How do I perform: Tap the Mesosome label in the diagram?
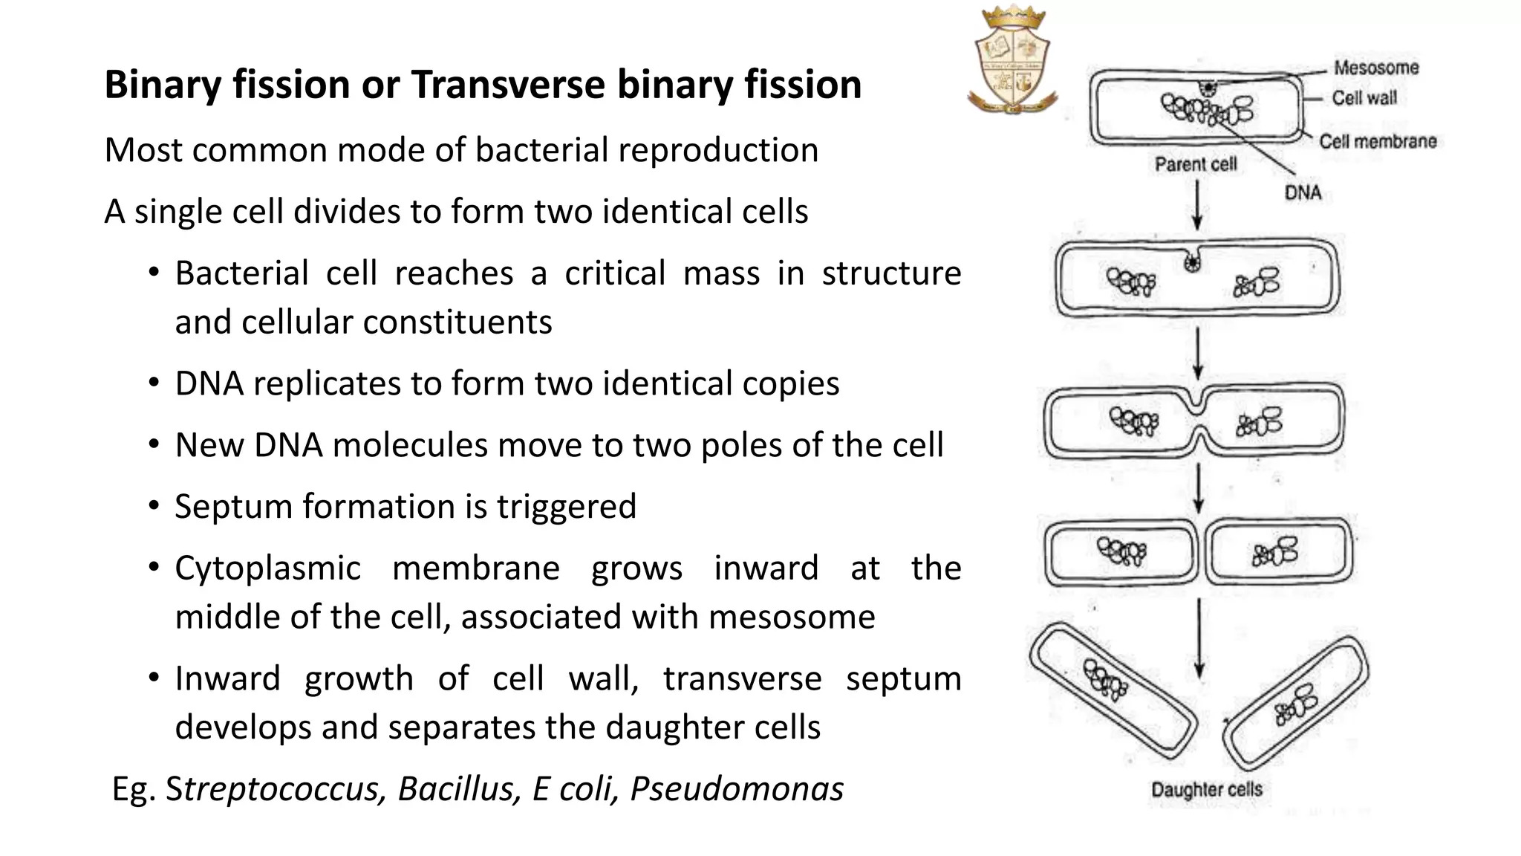pos(1375,68)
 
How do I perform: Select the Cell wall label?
pos(1364,98)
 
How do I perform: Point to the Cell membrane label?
pos(1378,141)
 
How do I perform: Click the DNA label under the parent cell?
pos(1303,193)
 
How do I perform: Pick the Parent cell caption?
pos(1195,164)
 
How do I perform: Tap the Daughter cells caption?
pos(1206,789)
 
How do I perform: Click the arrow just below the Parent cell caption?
pos(1197,206)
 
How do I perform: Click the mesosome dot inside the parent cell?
pos(1208,88)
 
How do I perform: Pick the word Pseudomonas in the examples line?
pos(737,789)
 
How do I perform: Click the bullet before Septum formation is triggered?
pos(154,506)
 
